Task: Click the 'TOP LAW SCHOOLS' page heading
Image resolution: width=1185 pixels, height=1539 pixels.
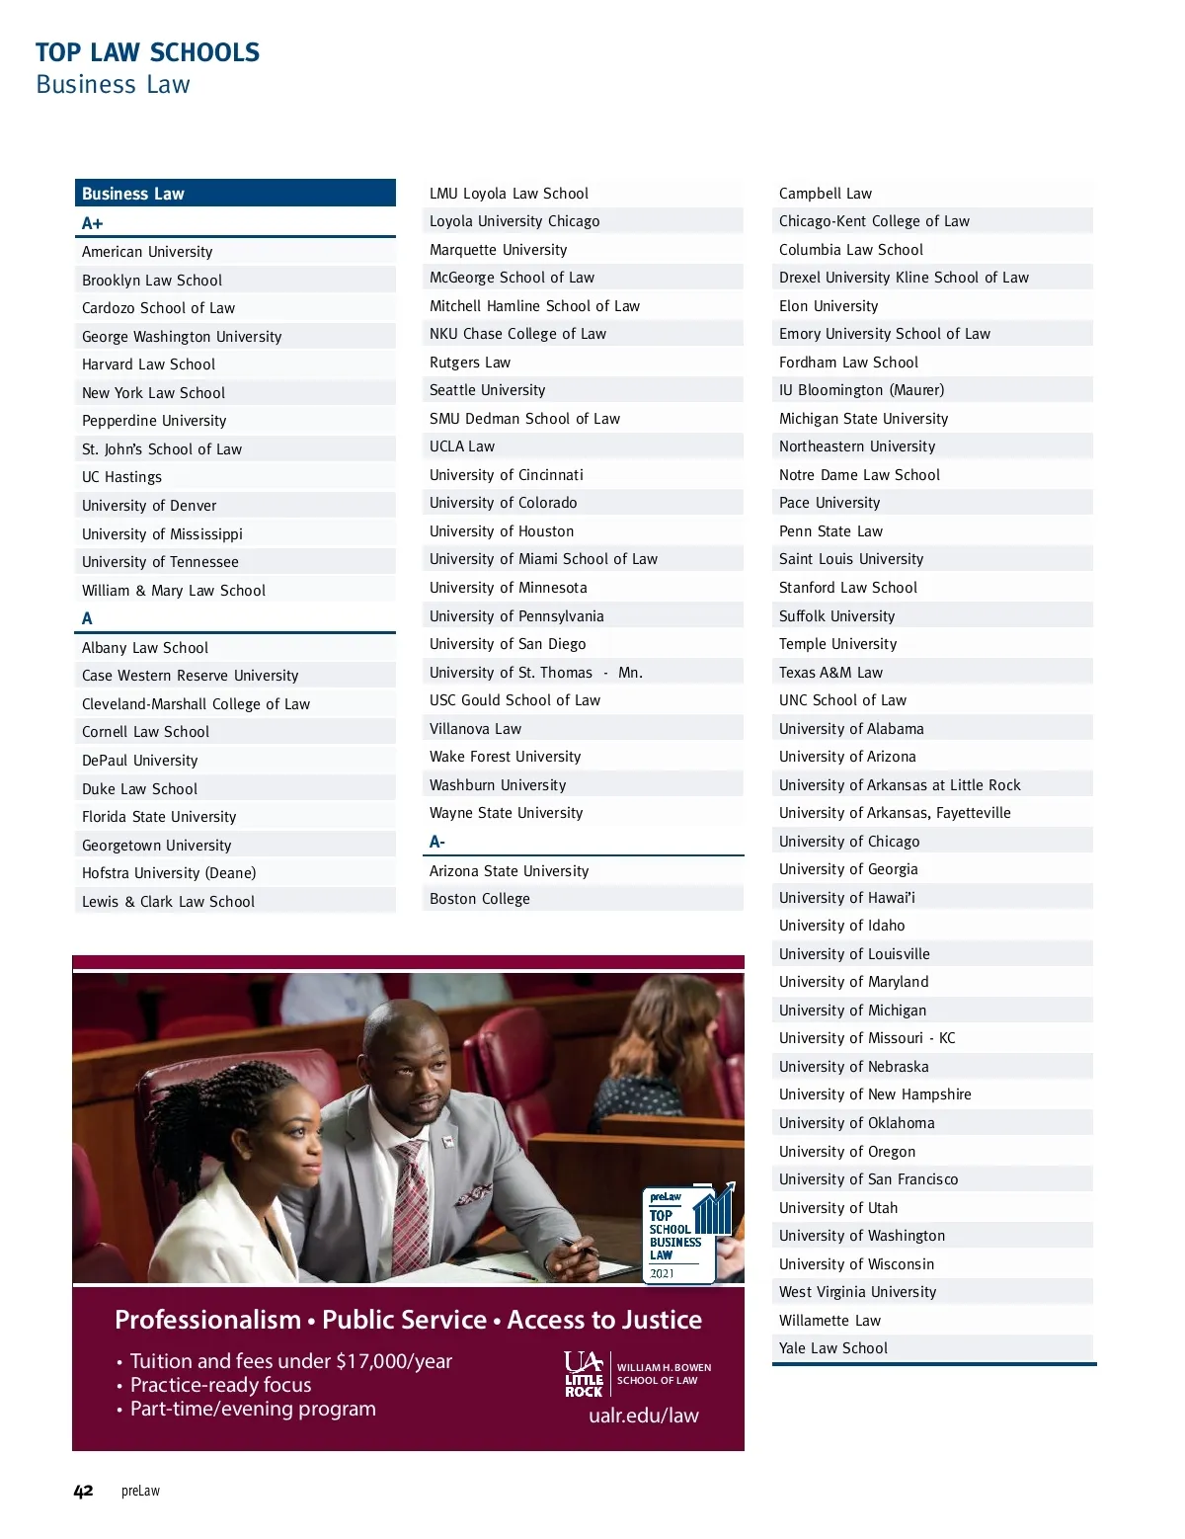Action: click(147, 52)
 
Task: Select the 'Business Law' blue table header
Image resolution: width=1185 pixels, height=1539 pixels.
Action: click(235, 194)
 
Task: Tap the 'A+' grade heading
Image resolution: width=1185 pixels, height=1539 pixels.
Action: click(93, 223)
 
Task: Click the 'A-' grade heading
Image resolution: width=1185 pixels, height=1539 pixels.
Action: click(437, 842)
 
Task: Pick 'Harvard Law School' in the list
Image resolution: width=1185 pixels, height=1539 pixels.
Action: click(148, 364)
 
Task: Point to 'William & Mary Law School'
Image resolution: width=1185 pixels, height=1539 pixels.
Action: click(174, 591)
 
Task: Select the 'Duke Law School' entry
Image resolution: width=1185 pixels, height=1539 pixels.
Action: click(139, 789)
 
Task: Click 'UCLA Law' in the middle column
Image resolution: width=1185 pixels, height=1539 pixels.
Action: click(462, 446)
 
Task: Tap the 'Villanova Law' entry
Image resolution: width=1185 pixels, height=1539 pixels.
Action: click(475, 729)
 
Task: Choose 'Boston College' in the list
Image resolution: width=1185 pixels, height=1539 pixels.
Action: click(480, 899)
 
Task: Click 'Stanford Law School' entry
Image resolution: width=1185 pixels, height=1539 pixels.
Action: click(848, 588)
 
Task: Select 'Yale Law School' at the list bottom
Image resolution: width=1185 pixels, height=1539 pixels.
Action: click(833, 1348)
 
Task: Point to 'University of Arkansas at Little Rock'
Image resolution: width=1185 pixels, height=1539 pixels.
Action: click(900, 785)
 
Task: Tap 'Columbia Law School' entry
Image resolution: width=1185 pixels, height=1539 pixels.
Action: click(851, 250)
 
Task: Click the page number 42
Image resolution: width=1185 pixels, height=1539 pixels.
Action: click(83, 1491)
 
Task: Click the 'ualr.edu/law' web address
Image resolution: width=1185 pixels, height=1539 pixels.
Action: click(644, 1416)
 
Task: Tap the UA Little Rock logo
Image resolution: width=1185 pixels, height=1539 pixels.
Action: click(585, 1374)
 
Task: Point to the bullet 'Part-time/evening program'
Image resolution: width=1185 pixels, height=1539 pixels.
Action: click(253, 1409)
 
